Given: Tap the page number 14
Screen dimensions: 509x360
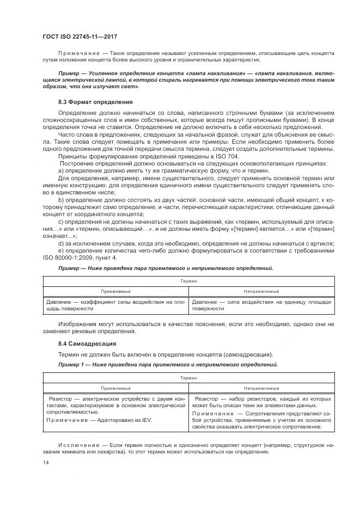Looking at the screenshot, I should pyautogui.click(x=46, y=462).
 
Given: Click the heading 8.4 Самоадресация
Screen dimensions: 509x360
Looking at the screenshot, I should pyautogui.click(x=86, y=344).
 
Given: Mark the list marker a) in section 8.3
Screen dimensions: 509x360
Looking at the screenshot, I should pyautogui.click(x=62, y=170).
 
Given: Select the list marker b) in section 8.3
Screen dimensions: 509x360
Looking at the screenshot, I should pyautogui.click(x=62, y=201).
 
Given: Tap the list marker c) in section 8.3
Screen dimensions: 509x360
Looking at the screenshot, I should pyautogui.click(x=62, y=222).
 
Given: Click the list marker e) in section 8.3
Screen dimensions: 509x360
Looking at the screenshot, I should pyautogui.click(x=62, y=250).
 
